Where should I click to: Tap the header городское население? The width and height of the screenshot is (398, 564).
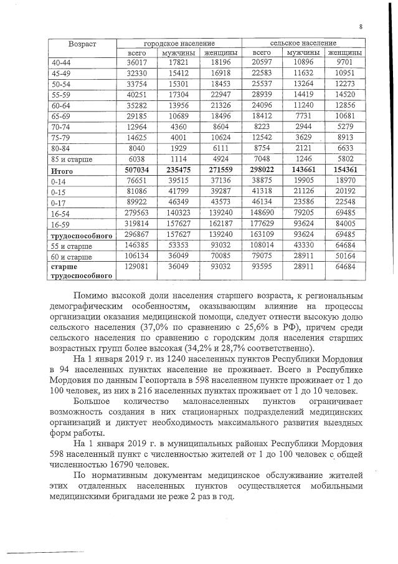[x=180, y=44]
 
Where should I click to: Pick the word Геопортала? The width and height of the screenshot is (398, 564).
[x=153, y=380]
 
